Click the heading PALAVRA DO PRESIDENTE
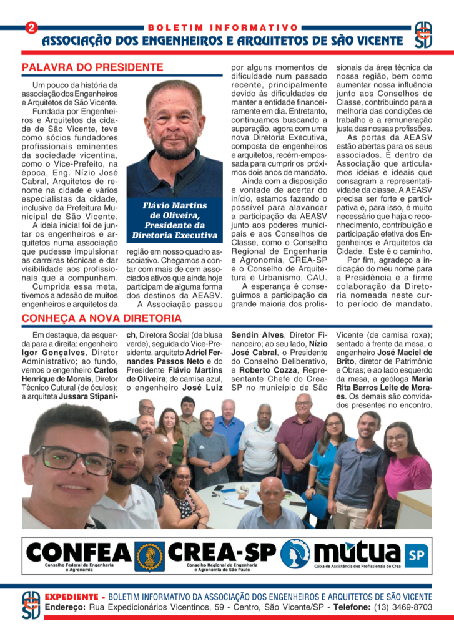(x=92, y=67)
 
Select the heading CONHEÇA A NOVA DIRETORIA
(x=102, y=318)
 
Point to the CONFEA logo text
(x=78, y=553)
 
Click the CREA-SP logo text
(x=222, y=552)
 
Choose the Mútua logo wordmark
(x=357, y=552)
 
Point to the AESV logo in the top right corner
(x=422, y=36)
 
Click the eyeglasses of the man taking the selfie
(x=74, y=459)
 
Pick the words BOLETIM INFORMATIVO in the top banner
(x=223, y=27)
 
